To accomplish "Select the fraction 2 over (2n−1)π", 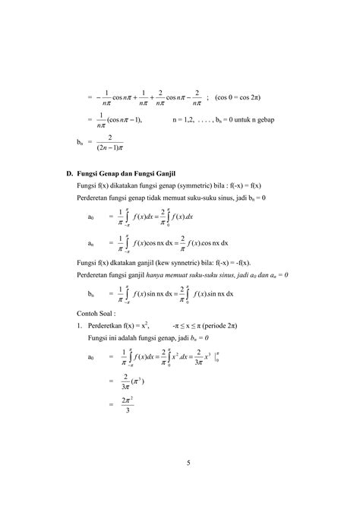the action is point(110,142).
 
